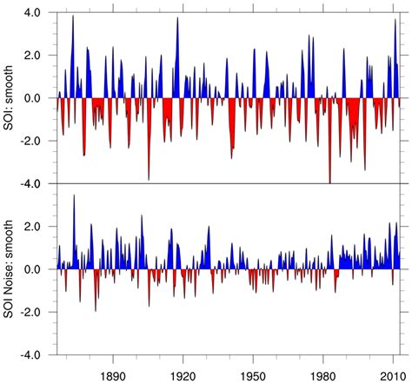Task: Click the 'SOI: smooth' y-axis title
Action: [x=10, y=98]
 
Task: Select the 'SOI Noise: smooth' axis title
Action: [x=10, y=269]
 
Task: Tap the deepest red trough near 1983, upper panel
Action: [x=330, y=180]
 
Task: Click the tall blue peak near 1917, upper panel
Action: [x=177, y=19]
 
